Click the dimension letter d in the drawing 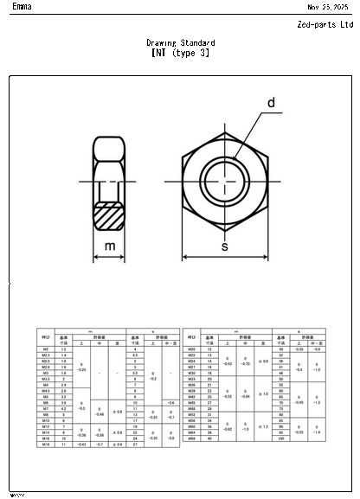(270, 104)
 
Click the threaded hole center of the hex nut (225, 181)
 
